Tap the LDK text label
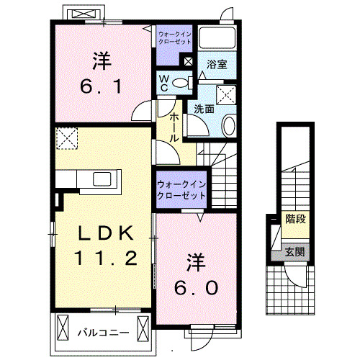tap(106, 233)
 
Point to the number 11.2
tap(106, 257)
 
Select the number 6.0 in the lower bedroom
tap(194, 286)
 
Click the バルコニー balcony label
tap(102, 333)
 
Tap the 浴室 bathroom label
tap(217, 64)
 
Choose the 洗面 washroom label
tap(204, 109)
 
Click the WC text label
tap(163, 83)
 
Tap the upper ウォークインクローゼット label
tap(175, 37)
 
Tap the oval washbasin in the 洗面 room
tap(228, 126)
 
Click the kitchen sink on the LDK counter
tap(99, 179)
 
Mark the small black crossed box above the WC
tap(188, 62)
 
